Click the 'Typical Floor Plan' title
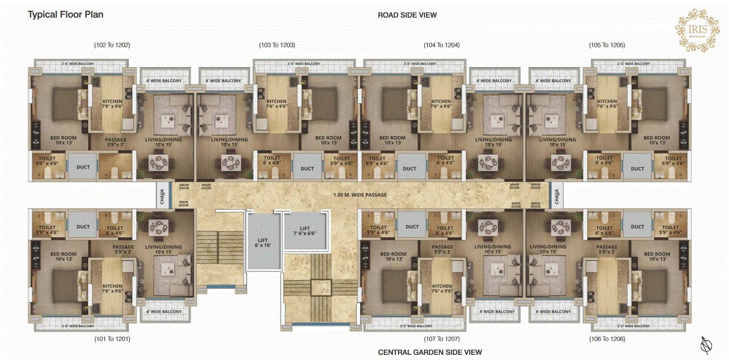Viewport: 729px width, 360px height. (x=65, y=15)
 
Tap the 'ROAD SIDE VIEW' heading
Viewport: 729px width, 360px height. (x=407, y=15)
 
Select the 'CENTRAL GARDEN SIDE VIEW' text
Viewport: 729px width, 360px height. (x=430, y=352)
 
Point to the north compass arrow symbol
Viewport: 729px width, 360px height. (x=706, y=344)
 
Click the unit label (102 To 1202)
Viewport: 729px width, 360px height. (x=112, y=45)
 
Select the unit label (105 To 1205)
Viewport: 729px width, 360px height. (x=607, y=45)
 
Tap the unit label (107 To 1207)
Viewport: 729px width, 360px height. (x=442, y=339)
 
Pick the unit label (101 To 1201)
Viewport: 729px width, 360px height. (x=112, y=339)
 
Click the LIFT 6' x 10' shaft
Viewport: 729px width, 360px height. (x=263, y=243)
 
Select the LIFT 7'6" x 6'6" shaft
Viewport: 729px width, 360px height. (x=305, y=231)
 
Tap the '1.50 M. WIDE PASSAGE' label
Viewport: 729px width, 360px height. (x=360, y=195)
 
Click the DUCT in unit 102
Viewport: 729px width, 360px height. (x=83, y=167)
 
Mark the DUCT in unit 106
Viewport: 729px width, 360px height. (x=637, y=227)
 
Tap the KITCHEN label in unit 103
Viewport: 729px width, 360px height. (x=277, y=103)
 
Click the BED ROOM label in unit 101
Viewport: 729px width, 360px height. (x=63, y=256)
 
